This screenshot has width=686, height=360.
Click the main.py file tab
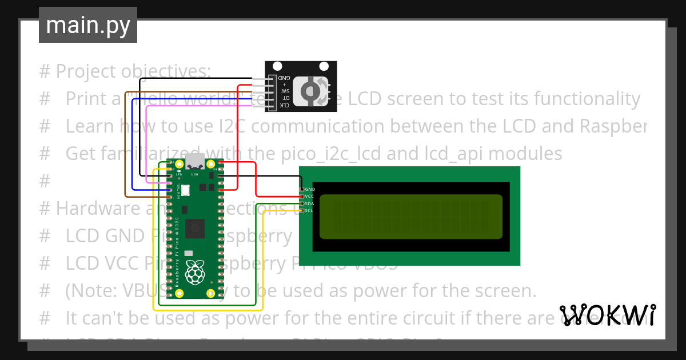(x=87, y=26)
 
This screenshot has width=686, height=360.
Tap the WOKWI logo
(x=607, y=315)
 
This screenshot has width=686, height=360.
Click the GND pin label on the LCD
(x=310, y=189)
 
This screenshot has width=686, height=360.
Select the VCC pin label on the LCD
(x=309, y=196)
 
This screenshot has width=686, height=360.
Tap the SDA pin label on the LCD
(x=309, y=203)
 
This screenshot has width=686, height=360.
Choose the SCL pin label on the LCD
(x=309, y=210)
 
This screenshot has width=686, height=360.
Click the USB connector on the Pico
(x=195, y=162)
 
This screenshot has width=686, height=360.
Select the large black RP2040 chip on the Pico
(x=196, y=227)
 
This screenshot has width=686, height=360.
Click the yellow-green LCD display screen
(x=411, y=217)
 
